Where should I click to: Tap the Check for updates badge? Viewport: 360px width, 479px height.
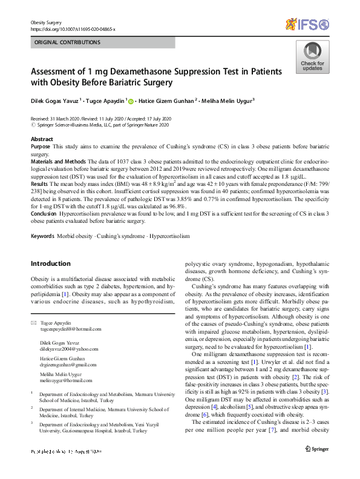coord(312,58)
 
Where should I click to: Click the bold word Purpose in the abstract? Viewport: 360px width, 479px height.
coord(40,148)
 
